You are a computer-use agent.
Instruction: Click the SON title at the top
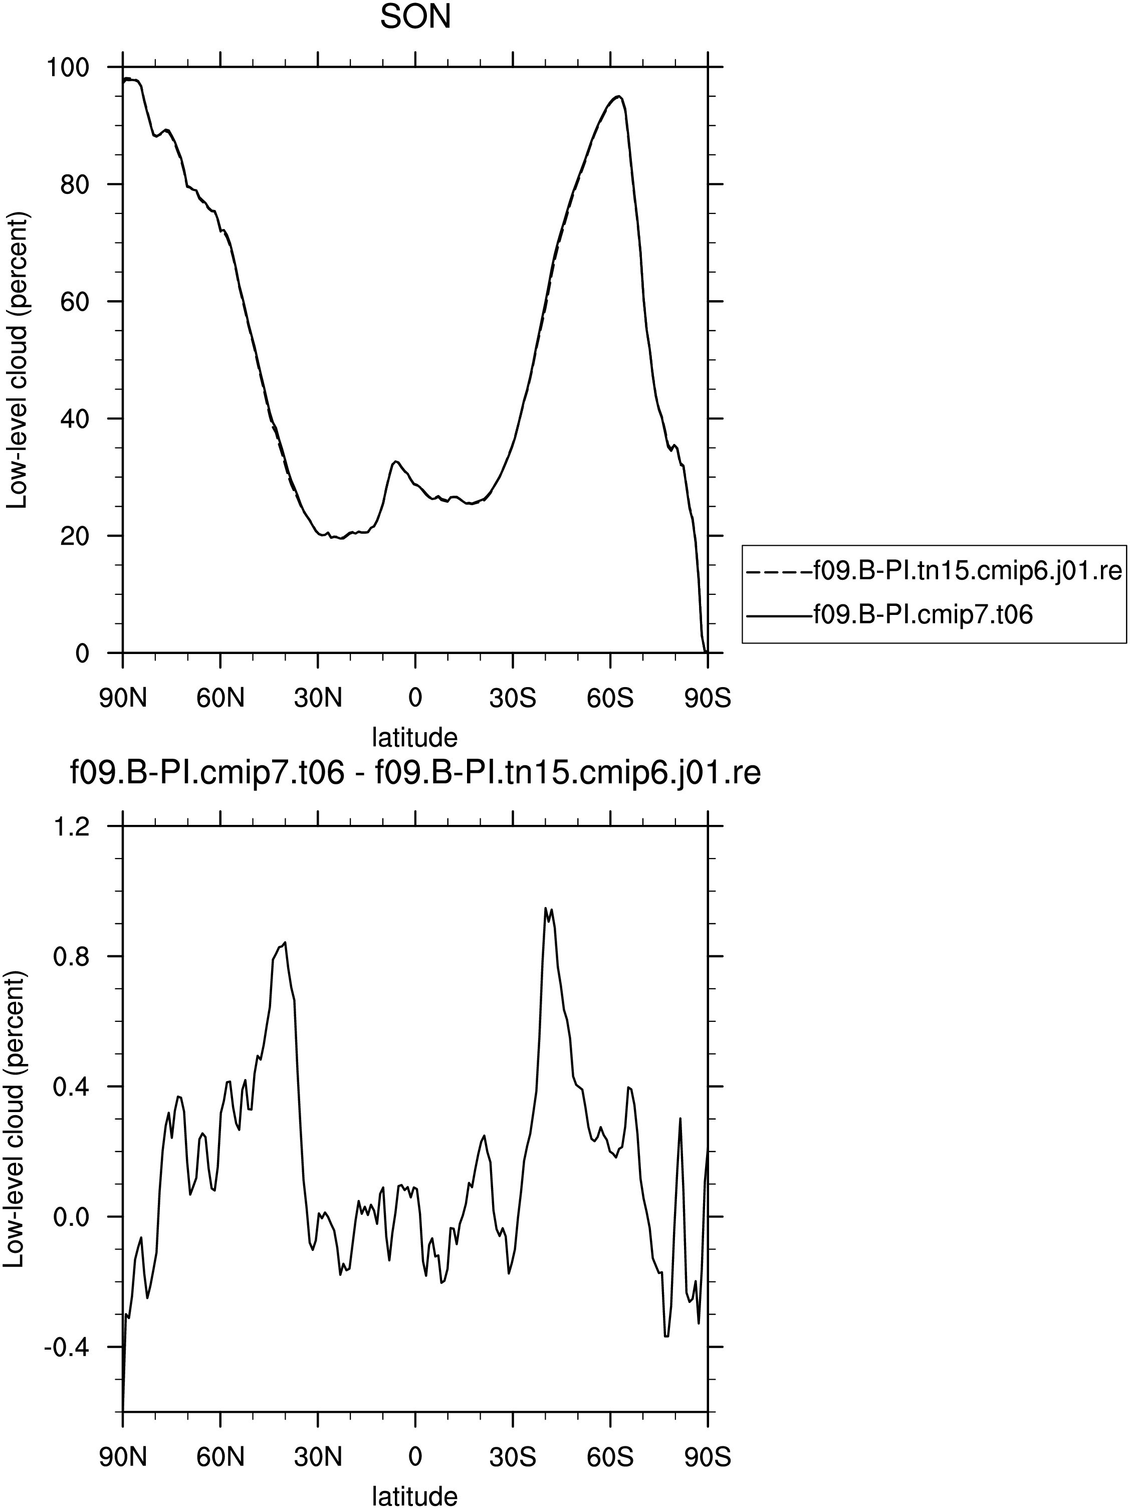(415, 17)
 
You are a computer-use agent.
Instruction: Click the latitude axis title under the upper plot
(414, 737)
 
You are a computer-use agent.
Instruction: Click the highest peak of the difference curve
(546, 908)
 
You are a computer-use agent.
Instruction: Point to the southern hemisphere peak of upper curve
(618, 96)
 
